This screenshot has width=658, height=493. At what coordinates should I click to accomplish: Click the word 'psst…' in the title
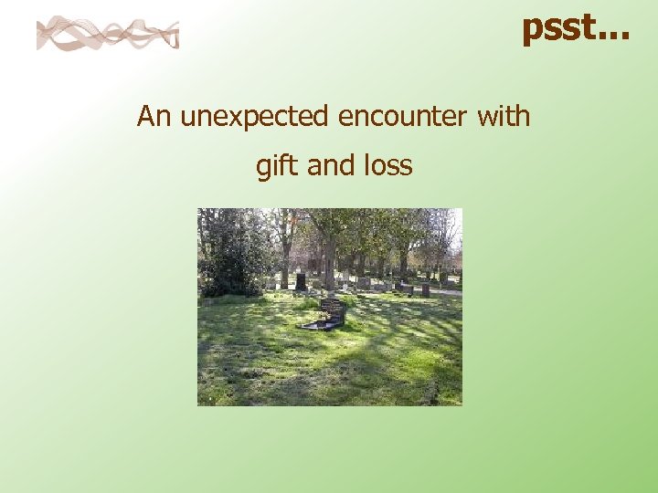click(576, 29)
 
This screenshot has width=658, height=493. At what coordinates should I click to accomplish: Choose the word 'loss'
click(388, 166)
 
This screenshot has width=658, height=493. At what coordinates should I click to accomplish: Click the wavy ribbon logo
click(107, 35)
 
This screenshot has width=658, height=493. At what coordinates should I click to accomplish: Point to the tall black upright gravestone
click(301, 281)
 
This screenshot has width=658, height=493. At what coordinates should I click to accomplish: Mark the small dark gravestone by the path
click(425, 289)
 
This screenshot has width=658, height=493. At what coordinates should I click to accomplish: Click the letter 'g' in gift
click(264, 169)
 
